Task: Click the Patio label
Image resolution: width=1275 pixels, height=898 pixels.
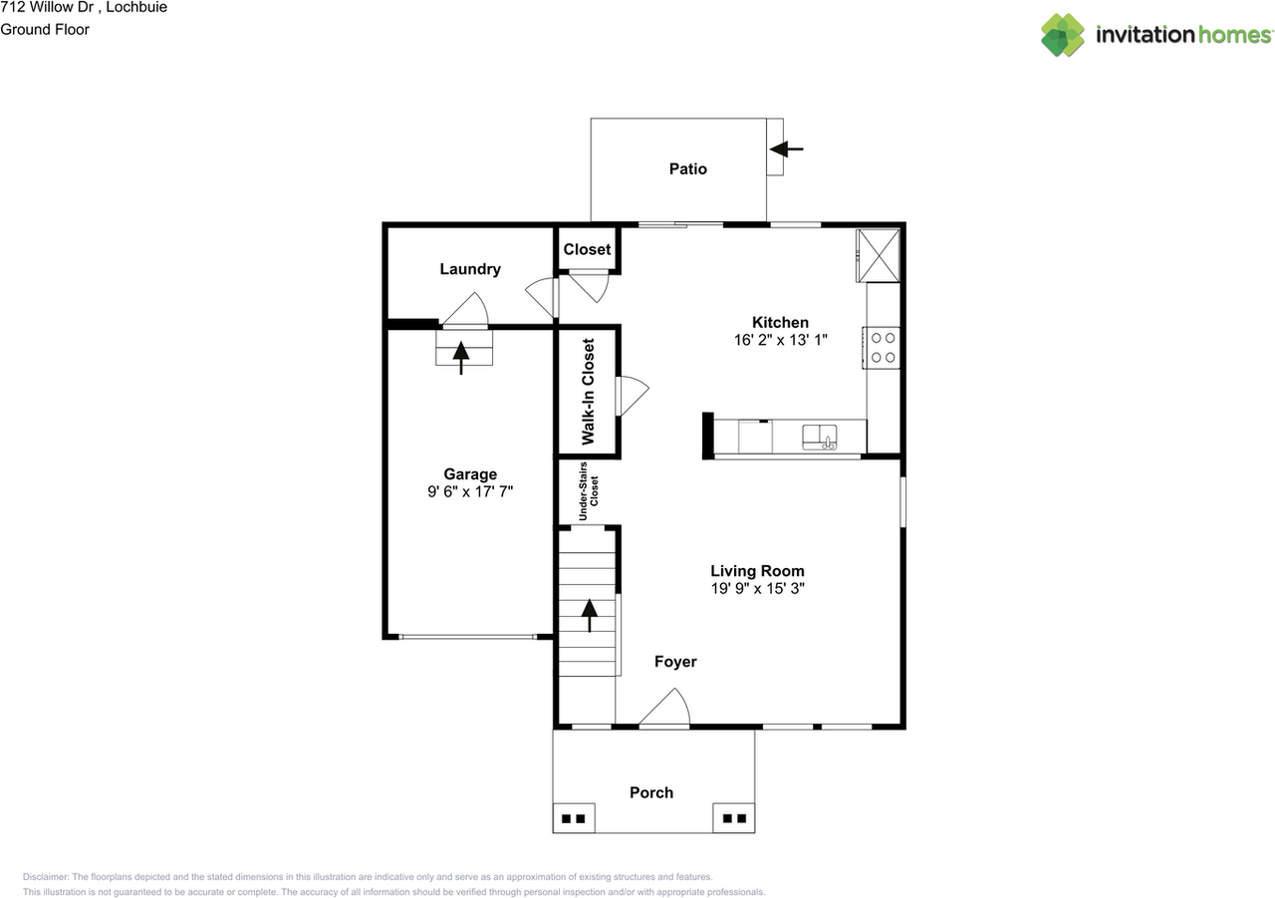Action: [x=687, y=168]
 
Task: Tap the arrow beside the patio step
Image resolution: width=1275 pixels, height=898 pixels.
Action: [x=786, y=150]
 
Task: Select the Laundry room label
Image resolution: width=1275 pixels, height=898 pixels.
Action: [x=469, y=269]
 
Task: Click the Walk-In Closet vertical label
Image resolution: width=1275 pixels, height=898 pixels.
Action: [x=588, y=392]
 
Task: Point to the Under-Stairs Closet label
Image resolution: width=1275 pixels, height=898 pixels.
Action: [x=589, y=490]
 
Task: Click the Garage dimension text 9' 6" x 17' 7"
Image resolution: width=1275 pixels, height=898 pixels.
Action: [x=470, y=491]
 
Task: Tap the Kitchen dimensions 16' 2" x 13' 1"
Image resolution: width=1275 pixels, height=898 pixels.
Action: [x=780, y=340]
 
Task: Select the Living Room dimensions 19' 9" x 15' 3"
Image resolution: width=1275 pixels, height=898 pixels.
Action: [x=757, y=588]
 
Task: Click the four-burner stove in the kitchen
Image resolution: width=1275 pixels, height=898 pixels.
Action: [x=882, y=348]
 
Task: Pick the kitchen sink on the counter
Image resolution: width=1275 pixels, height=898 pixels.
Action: [x=820, y=437]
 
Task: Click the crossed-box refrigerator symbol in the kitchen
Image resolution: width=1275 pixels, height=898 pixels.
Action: [x=879, y=255]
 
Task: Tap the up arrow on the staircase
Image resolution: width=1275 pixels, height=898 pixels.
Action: [x=589, y=616]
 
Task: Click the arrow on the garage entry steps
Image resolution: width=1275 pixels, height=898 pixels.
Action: [x=461, y=358]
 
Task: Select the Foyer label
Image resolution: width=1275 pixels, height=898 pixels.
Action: [x=675, y=662]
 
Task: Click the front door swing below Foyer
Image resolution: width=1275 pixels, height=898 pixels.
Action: [x=664, y=707]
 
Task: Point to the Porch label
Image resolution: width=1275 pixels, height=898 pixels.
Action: [x=651, y=792]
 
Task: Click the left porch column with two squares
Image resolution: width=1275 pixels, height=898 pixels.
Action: [x=574, y=818]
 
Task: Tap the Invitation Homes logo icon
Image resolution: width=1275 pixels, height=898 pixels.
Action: [x=1063, y=35]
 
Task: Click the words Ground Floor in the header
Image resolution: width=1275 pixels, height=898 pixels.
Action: [x=45, y=30]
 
